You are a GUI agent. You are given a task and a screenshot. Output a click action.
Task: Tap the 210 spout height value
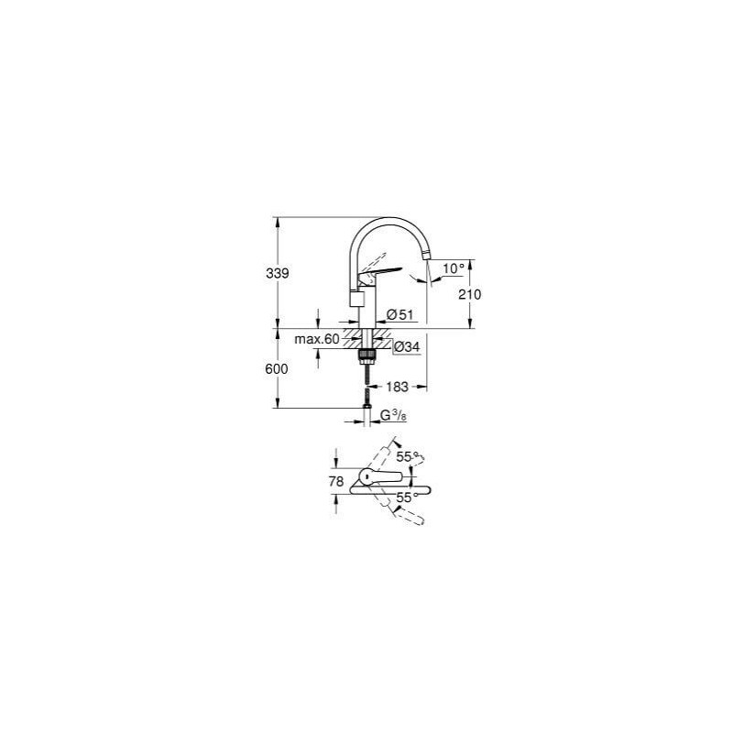pyautogui.click(x=471, y=294)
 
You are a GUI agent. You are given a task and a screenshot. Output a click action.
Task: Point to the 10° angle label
pyautogui.click(x=454, y=268)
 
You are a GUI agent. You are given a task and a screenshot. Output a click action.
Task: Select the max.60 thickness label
pyautogui.click(x=316, y=340)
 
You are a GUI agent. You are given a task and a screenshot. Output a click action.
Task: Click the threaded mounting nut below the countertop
pyautogui.click(x=368, y=350)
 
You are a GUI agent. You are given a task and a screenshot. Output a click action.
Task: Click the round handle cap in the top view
pyautogui.click(x=364, y=477)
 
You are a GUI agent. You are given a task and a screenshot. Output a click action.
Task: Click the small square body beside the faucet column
pyautogui.click(x=356, y=301)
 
